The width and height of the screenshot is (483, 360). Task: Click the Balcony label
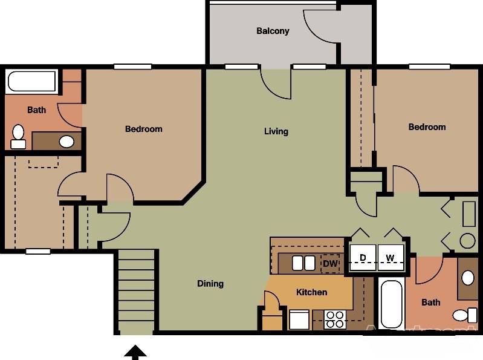[273, 31]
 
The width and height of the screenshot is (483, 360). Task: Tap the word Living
[276, 131]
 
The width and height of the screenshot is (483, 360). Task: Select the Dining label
[210, 283]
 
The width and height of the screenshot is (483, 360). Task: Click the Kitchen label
[311, 292]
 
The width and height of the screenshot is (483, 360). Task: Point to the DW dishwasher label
[329, 263]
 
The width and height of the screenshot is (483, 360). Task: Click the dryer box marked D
[363, 258]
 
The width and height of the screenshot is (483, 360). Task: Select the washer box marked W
[391, 258]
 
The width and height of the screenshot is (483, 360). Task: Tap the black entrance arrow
[135, 352]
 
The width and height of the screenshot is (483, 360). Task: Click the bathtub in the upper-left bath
[31, 82]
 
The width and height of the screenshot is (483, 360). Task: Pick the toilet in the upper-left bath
[18, 136]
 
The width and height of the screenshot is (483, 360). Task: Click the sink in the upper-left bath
[66, 142]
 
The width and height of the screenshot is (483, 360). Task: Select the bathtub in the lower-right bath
[391, 304]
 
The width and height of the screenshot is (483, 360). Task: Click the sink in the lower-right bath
[468, 278]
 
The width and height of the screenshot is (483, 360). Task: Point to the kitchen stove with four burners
[334, 319]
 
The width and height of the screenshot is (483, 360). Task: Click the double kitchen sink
[303, 263]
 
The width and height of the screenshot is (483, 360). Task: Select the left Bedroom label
[143, 129]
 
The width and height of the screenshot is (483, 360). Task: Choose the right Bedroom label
[427, 127]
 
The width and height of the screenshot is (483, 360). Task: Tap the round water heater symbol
[468, 241]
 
